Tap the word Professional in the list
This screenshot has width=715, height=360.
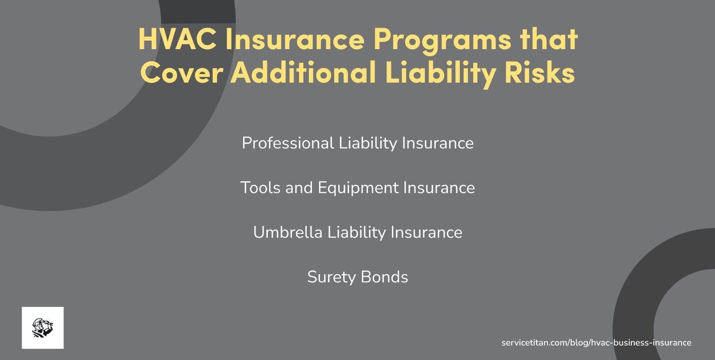[288, 143]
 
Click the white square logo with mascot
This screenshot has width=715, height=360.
[42, 328]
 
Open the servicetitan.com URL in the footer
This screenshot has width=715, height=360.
[596, 343]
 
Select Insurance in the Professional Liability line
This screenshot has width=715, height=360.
[437, 143]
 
